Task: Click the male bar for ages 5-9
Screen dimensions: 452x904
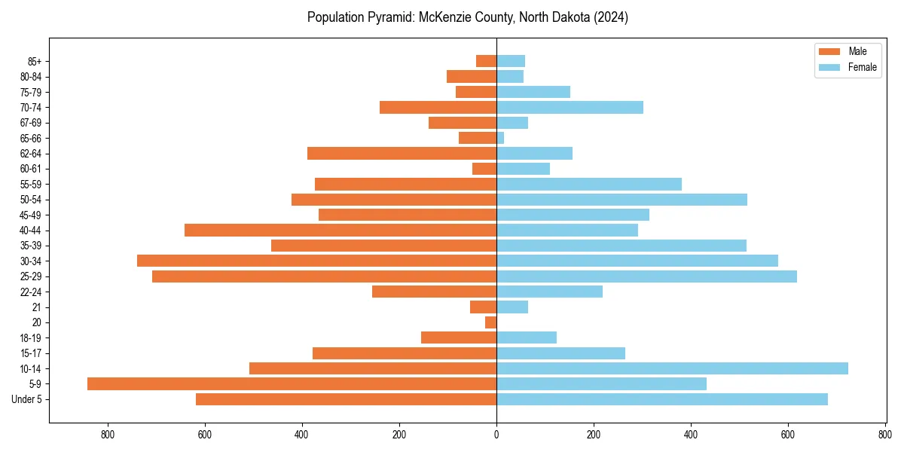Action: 292,384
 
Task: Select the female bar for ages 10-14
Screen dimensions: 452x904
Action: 672,368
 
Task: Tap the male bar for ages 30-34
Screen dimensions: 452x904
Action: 316,261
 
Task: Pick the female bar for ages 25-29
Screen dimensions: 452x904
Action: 646,276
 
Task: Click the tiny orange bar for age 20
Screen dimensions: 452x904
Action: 490,322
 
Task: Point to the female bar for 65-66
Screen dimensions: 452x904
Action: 500,138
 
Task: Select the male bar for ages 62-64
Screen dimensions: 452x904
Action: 402,154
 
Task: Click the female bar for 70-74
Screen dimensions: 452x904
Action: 570,107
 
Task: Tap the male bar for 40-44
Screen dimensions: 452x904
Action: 341,230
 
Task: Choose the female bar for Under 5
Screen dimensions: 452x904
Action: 661,399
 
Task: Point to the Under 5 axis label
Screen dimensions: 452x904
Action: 26,399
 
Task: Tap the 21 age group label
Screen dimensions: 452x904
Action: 37,307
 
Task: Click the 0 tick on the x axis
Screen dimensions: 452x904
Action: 496,435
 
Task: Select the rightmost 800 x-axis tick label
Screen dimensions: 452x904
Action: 885,435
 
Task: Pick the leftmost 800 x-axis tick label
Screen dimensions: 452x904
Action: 108,435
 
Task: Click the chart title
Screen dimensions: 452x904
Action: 467,17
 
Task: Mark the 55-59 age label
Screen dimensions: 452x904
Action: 31,185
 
